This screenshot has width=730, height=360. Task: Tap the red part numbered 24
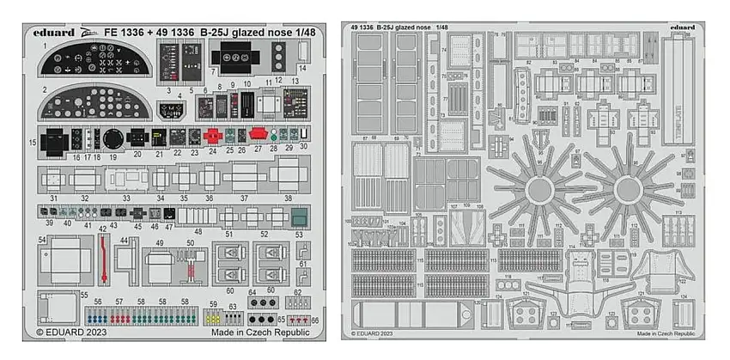tap(213, 134)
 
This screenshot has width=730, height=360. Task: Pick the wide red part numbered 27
tap(257, 133)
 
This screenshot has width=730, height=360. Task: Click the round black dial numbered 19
tap(113, 138)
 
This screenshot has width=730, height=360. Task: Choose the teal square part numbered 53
tap(299, 216)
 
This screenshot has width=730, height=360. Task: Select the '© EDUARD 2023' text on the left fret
tap(65, 332)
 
